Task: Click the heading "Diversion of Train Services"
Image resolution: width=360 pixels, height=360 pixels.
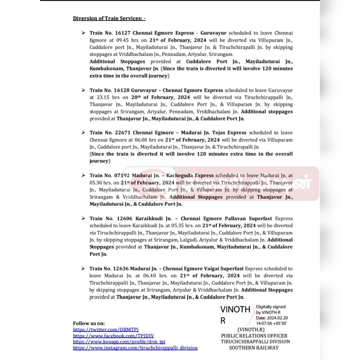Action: click(109, 18)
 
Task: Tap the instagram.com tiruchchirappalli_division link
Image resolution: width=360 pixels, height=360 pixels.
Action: click(135, 348)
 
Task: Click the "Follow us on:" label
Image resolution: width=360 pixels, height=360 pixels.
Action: click(89, 323)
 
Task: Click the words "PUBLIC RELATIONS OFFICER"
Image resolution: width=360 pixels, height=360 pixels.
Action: click(254, 336)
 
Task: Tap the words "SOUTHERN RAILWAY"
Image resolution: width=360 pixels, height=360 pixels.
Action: click(254, 348)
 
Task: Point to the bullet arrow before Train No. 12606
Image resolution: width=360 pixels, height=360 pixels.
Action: click(84, 218)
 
